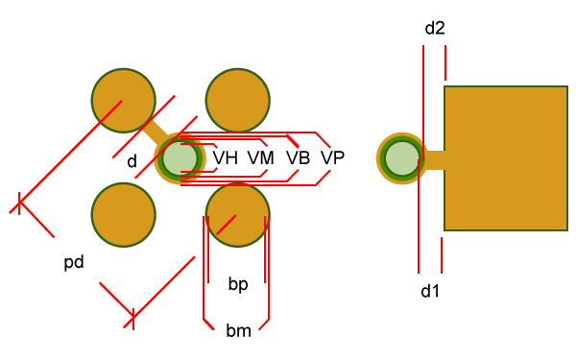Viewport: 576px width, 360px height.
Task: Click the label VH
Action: coord(226,158)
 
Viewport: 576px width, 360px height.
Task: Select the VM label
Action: coord(261,158)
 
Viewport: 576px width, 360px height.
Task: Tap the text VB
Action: coord(298,158)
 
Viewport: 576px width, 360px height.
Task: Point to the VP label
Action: coord(333,158)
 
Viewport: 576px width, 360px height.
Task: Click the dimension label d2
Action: coord(434,29)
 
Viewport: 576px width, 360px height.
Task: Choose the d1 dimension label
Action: coord(430,290)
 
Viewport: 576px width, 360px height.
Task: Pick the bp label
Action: coord(238,284)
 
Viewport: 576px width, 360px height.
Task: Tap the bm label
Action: coord(238,331)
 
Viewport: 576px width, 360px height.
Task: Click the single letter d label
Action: coord(132,161)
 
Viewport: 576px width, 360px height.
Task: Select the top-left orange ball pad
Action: coord(123,100)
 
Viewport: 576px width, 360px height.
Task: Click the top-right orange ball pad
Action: coord(238,100)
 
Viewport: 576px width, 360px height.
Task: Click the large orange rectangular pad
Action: coord(505,158)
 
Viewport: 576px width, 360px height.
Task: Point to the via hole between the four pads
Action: coord(180,158)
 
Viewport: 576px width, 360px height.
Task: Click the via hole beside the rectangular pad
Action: coord(402,158)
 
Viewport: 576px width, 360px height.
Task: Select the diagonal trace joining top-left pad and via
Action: coord(156,132)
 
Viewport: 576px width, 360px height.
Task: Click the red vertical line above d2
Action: coord(445,62)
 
